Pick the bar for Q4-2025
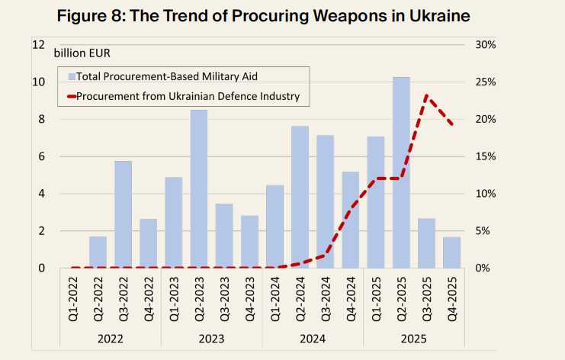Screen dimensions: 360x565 451,252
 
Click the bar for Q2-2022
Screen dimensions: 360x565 98,252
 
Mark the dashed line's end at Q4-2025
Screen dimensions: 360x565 452,124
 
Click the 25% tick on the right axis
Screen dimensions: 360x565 485,82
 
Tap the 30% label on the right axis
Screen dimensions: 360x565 485,44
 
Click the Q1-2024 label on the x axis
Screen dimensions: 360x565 274,297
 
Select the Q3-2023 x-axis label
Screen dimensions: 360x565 224,297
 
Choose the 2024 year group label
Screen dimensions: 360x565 313,337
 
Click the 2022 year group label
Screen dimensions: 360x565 111,337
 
